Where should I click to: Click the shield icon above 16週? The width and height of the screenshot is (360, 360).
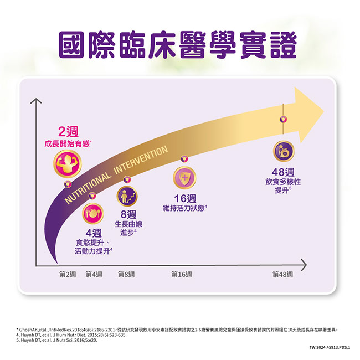point(184,177)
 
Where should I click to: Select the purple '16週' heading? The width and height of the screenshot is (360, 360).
point(184,198)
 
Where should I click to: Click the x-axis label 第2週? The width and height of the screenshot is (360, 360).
point(67,275)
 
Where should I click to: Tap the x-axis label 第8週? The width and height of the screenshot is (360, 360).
point(127,275)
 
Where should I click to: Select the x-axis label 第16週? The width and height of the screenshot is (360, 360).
point(182,275)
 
